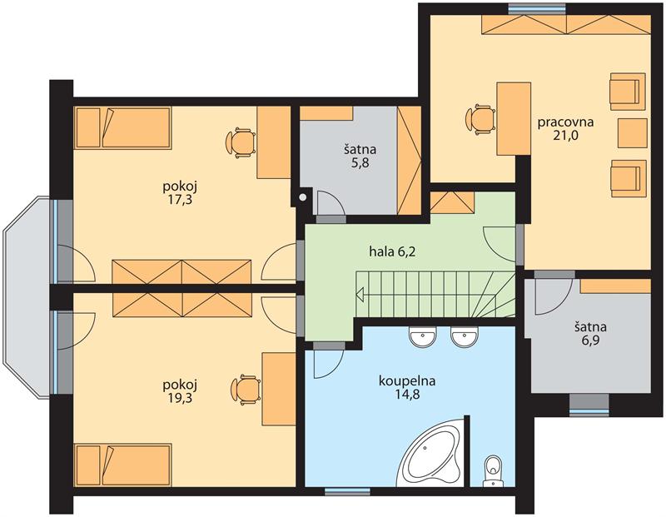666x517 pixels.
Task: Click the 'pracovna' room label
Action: [565, 122]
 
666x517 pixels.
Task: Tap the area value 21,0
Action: [566, 136]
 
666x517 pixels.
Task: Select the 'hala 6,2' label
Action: [391, 252]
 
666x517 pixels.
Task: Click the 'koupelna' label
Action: [407, 381]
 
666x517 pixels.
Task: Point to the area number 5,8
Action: [360, 163]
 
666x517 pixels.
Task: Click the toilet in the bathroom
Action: [493, 471]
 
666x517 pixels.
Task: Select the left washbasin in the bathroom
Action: [423, 337]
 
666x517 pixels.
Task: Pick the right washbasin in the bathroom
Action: [465, 337]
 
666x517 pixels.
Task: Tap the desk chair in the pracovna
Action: [480, 119]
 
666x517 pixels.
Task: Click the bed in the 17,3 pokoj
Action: [122, 128]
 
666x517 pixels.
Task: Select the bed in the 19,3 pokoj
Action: [122, 465]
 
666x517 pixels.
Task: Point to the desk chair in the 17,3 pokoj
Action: [241, 142]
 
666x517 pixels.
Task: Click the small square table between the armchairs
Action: [632, 133]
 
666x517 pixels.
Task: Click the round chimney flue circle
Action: [303, 197]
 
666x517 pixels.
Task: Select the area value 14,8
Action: [407, 395]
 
